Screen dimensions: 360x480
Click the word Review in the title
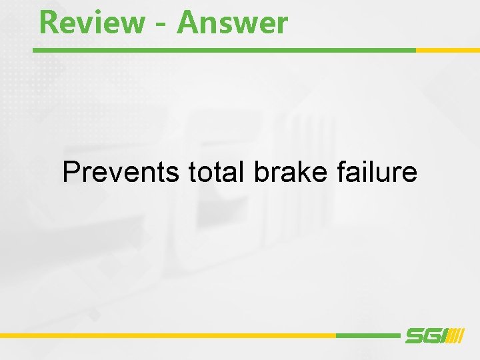click(91, 23)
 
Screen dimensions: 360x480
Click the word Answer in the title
click(233, 23)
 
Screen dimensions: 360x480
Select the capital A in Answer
click(188, 23)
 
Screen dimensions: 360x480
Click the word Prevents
click(120, 172)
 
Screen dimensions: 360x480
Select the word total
click(216, 172)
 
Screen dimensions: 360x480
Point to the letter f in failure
click(341, 172)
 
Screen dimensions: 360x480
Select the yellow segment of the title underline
click(447, 50)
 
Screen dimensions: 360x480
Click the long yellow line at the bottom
click(167, 335)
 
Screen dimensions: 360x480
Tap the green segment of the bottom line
click(367, 335)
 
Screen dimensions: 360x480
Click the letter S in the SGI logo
click(415, 336)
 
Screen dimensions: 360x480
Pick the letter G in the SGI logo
click(431, 336)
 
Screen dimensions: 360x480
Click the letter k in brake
click(306, 172)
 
